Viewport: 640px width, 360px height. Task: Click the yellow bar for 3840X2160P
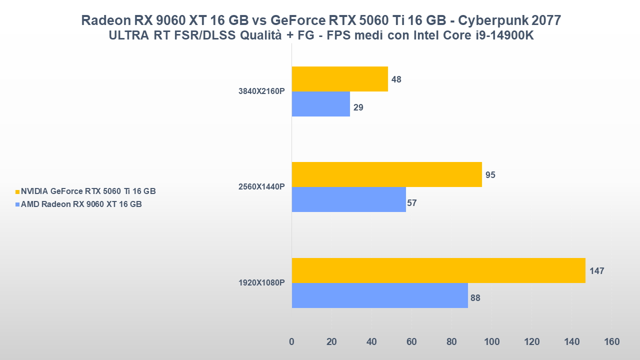tap(340, 79)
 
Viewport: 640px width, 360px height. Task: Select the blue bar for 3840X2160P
tap(321, 104)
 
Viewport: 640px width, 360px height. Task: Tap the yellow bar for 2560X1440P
tap(386, 174)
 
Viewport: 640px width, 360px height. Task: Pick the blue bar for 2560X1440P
tap(349, 199)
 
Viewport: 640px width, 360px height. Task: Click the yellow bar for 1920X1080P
tap(438, 270)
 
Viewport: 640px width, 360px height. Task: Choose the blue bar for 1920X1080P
tap(380, 295)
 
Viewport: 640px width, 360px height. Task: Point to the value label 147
tap(596, 271)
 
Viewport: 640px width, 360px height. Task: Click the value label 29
tap(358, 107)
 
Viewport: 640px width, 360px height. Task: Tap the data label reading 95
tap(490, 175)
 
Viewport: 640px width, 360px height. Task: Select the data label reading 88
tap(475, 298)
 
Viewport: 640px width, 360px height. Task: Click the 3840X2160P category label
tap(261, 91)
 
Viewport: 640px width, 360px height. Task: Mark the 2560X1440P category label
tap(261, 187)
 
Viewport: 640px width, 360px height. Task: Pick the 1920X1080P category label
tap(261, 283)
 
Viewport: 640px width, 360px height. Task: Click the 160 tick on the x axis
tap(611, 342)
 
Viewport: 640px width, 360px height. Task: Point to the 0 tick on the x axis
tap(292, 342)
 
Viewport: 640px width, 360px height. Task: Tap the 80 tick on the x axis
tap(451, 342)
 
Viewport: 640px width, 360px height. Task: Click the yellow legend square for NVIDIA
tap(17, 191)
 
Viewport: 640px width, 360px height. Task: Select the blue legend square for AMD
tap(17, 204)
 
